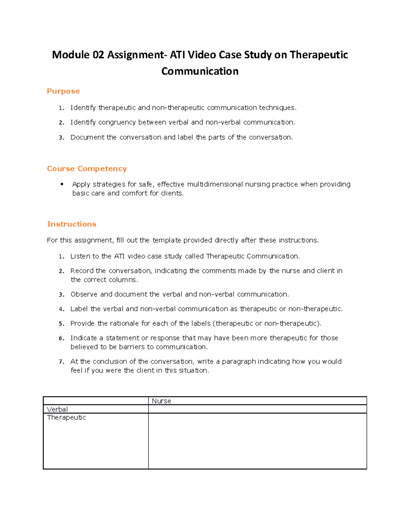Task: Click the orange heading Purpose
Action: (63, 91)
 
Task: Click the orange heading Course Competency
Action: (87, 169)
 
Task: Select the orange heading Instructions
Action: (72, 224)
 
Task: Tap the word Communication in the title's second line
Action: (200, 71)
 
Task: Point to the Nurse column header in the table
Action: (161, 401)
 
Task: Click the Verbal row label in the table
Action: (57, 409)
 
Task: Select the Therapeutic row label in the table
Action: (66, 417)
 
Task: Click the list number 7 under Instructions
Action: (61, 362)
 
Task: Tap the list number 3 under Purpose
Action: (61, 138)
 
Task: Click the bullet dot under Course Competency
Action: (62, 184)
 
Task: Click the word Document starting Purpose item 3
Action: (87, 137)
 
